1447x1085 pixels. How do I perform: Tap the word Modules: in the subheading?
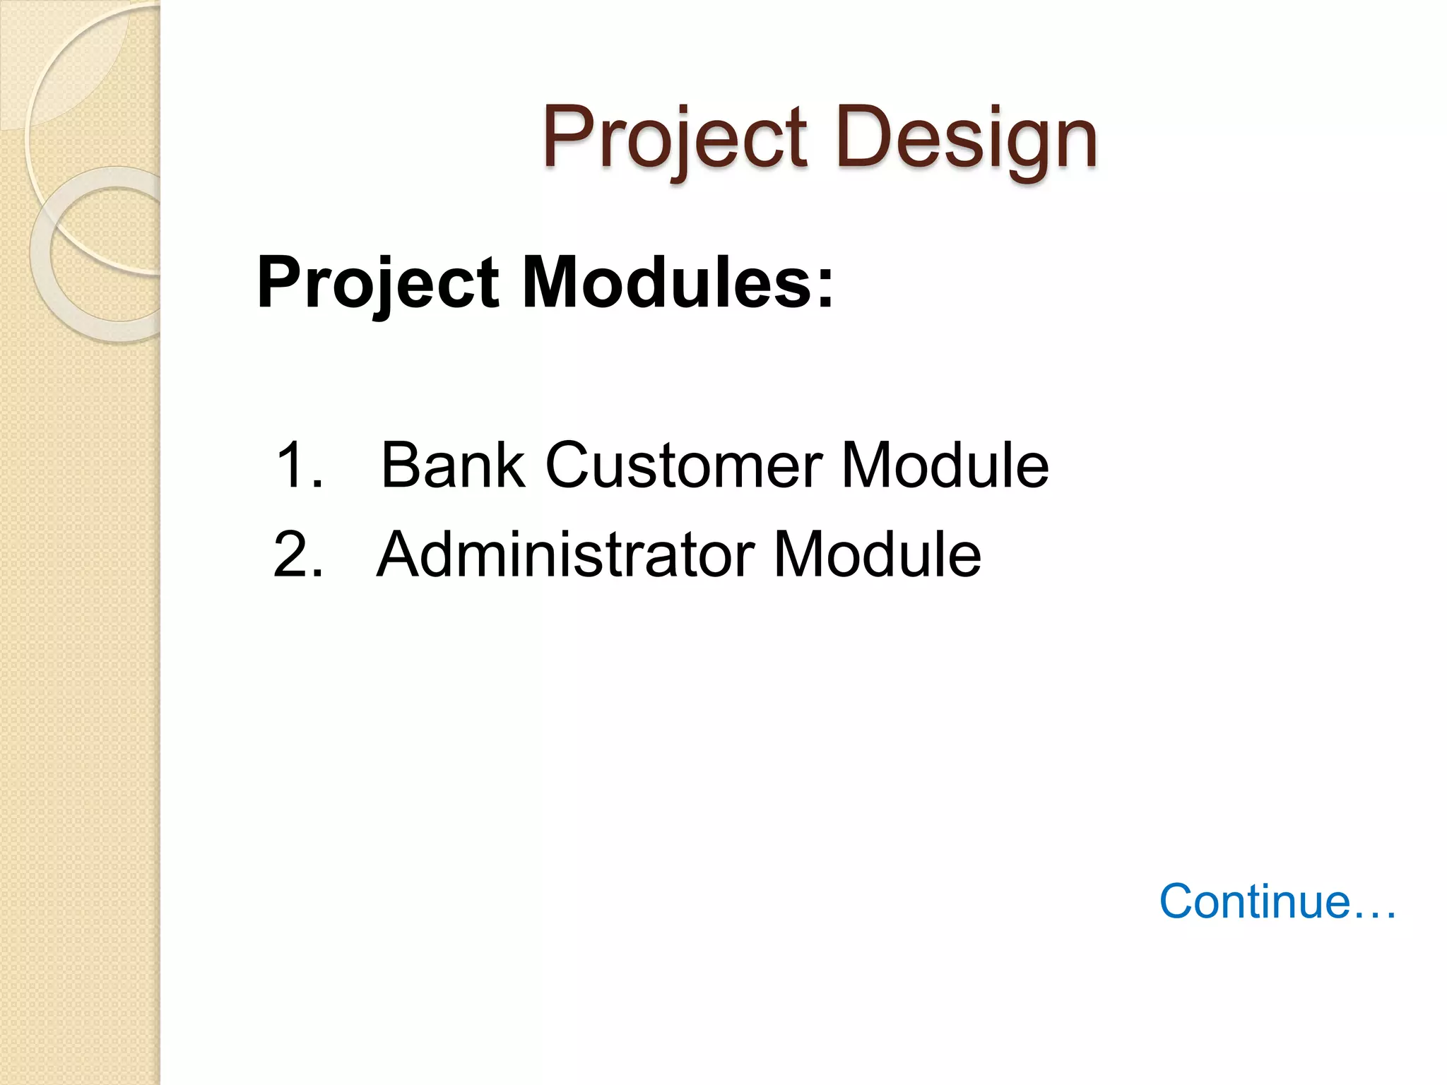click(678, 283)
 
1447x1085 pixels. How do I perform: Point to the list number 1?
click(297, 466)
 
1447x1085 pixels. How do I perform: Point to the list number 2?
click(297, 555)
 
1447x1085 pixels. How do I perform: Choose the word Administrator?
click(566, 555)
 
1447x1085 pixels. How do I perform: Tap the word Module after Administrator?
click(878, 555)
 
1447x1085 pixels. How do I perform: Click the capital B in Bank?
click(401, 466)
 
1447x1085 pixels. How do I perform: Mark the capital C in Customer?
click(569, 466)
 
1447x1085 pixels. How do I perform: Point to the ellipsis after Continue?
click(1374, 915)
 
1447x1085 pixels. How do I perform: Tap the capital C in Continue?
click(1179, 902)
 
